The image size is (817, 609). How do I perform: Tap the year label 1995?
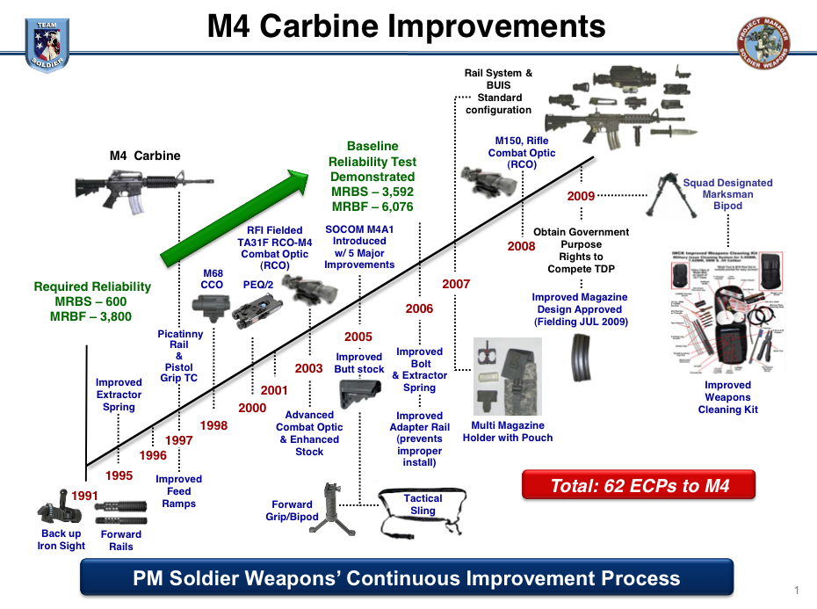click(119, 475)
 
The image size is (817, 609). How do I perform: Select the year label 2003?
click(308, 368)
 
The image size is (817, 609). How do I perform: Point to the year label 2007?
click(456, 284)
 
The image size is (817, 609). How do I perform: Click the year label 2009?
click(581, 196)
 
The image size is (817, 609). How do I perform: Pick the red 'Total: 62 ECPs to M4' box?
click(640, 485)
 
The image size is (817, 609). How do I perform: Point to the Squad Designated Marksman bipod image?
click(676, 194)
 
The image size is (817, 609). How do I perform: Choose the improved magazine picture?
click(580, 355)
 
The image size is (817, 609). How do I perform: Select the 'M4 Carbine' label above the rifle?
click(145, 156)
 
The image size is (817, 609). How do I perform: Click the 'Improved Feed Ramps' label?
click(179, 491)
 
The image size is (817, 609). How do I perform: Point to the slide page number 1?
click(796, 590)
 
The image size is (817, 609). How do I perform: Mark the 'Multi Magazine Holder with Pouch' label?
click(508, 431)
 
